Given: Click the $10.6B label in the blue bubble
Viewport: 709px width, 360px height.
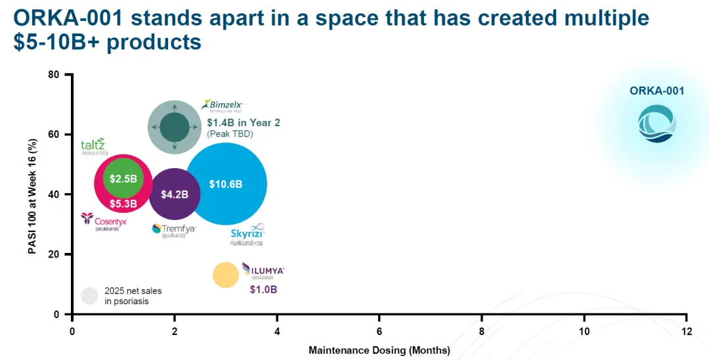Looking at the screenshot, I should click(x=226, y=185).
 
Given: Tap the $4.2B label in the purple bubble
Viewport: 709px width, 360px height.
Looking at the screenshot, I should click(x=175, y=194).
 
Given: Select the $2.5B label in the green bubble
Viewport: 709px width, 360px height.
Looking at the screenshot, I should click(x=123, y=179).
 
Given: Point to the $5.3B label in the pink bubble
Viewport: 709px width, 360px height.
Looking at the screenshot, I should click(x=123, y=204).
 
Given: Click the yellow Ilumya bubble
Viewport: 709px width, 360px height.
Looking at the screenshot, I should click(x=225, y=275).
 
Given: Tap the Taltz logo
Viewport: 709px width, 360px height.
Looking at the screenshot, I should click(x=93, y=146).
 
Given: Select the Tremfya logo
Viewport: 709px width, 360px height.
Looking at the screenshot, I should click(x=174, y=229).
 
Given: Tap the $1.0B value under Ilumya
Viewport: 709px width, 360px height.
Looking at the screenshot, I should click(x=263, y=290).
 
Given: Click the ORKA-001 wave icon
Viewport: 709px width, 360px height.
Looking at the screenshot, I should click(x=656, y=124).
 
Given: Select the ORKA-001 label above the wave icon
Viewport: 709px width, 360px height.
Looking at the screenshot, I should click(x=656, y=91).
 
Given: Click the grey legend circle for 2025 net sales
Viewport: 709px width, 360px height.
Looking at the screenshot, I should click(x=89, y=296).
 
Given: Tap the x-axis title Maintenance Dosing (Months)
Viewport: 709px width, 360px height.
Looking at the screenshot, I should click(x=379, y=350).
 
